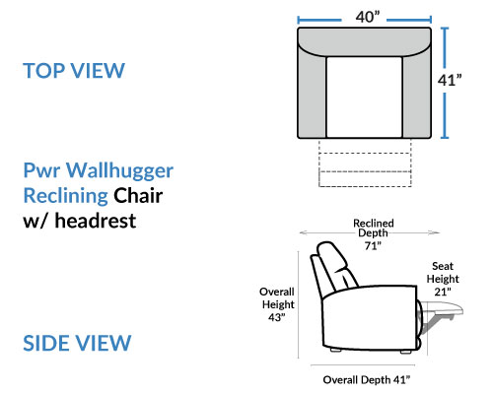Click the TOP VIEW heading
coord(74,71)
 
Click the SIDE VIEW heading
coord(77,343)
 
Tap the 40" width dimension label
coord(368,17)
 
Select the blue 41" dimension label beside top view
coord(450,80)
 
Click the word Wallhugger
coord(119,171)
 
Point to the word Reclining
coord(66,196)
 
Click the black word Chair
coord(138,195)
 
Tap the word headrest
coord(96,221)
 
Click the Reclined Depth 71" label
coord(374,234)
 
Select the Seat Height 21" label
coord(443,279)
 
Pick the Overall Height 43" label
coord(277,304)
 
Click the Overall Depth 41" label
coord(367,380)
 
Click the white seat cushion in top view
coord(364,98)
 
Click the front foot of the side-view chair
coord(405,352)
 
